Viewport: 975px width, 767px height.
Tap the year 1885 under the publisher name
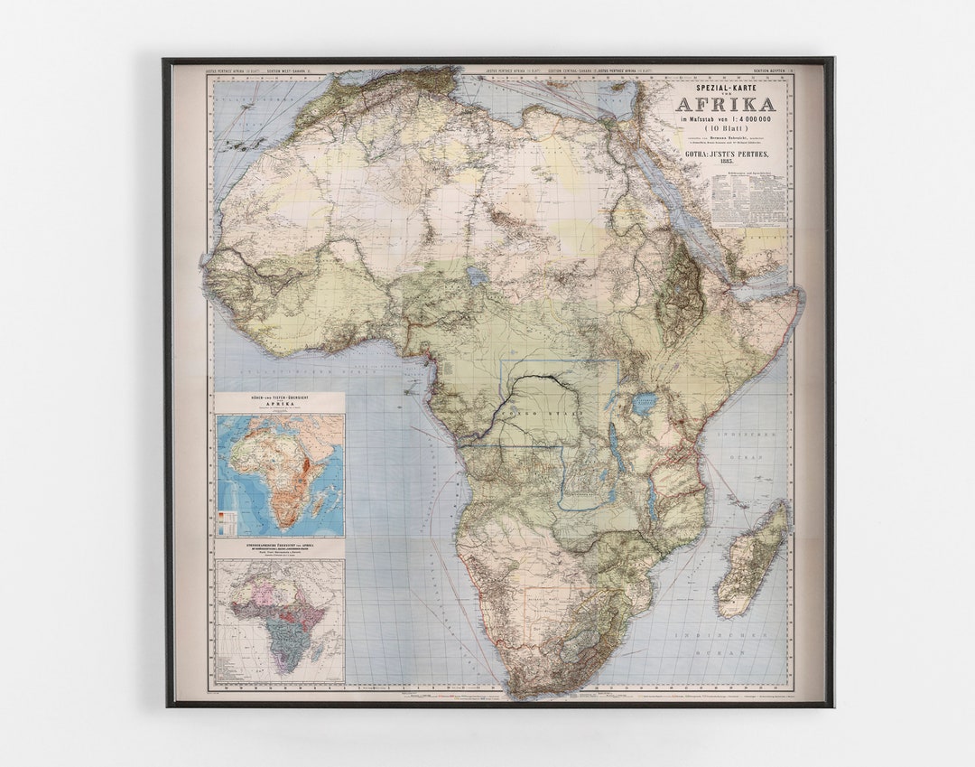pos(725,160)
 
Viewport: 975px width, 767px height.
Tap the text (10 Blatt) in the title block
pos(725,129)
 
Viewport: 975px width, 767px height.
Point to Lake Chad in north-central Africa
pos(476,276)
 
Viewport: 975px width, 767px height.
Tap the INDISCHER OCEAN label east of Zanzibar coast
pos(743,445)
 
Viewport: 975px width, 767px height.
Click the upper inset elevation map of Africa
pos(280,474)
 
